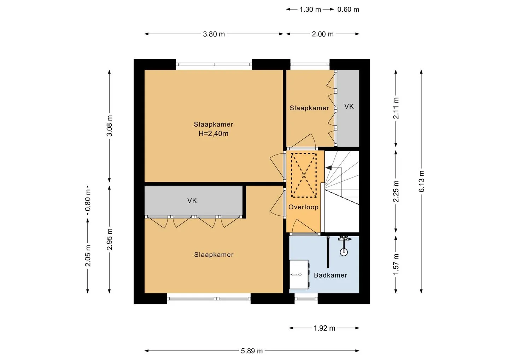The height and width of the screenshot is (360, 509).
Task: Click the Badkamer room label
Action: [x=330, y=275]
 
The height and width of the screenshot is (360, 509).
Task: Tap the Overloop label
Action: [x=303, y=207]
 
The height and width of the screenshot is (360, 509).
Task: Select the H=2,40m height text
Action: [x=213, y=134]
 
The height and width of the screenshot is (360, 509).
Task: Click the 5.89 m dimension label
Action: [x=252, y=351]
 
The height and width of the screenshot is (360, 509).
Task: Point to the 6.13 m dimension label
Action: [x=421, y=181]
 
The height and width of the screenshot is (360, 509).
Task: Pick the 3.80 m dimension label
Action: [x=214, y=34]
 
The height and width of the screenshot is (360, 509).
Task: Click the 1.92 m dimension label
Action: [x=324, y=328]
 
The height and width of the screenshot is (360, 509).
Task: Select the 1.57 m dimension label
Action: [x=396, y=264]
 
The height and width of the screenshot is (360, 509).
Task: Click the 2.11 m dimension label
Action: [x=396, y=108]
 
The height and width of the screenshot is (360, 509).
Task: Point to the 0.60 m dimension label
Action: [x=348, y=10]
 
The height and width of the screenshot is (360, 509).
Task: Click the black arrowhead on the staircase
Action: [x=329, y=168]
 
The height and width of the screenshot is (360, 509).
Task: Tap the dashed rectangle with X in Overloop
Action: [x=304, y=175]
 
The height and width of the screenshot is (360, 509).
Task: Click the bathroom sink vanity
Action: [x=299, y=274]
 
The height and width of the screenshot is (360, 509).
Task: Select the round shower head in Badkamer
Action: [x=344, y=252]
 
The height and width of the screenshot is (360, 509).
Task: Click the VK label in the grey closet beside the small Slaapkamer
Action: [x=349, y=106]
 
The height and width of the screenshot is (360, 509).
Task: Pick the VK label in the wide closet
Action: [x=192, y=201]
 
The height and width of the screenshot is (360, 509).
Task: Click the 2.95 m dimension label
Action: [x=110, y=239]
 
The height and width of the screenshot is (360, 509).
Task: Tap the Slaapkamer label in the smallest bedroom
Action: [x=309, y=108]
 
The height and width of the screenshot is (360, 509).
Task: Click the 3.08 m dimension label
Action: [x=110, y=126]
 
